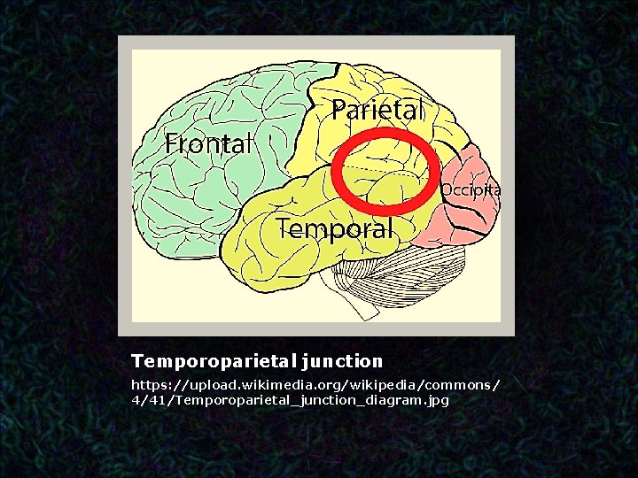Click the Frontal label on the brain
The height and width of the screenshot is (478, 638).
pos(209,143)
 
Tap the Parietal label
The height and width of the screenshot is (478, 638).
pos(377,110)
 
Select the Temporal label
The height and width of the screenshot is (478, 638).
pos(334,228)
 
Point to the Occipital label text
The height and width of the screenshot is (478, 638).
pos(470,189)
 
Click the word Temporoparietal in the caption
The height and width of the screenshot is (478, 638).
pos(214,361)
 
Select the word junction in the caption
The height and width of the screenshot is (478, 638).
pos(342,361)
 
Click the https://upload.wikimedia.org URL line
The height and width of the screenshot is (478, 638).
pos(315,385)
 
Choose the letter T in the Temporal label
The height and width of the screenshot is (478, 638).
pos(284,228)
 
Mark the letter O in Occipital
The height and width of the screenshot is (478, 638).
pos(447,189)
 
